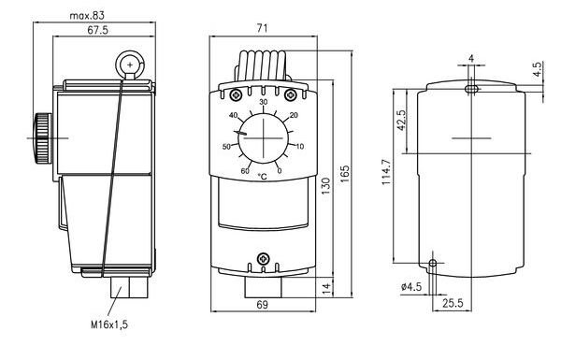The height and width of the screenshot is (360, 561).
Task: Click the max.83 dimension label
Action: click(x=87, y=16)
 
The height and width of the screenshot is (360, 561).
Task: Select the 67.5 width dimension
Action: click(x=97, y=30)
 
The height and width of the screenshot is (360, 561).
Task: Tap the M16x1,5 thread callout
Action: click(x=109, y=324)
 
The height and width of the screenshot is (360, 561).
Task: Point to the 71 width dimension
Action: click(x=262, y=28)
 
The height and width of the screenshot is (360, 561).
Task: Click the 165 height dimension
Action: click(x=345, y=174)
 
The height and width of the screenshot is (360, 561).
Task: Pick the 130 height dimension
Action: click(x=326, y=186)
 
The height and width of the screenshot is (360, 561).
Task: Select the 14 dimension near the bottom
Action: click(x=327, y=288)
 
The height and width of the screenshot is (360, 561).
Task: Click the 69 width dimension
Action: click(x=262, y=305)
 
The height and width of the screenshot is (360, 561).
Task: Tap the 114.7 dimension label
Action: click(x=387, y=172)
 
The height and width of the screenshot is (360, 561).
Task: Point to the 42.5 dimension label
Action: click(x=401, y=121)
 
